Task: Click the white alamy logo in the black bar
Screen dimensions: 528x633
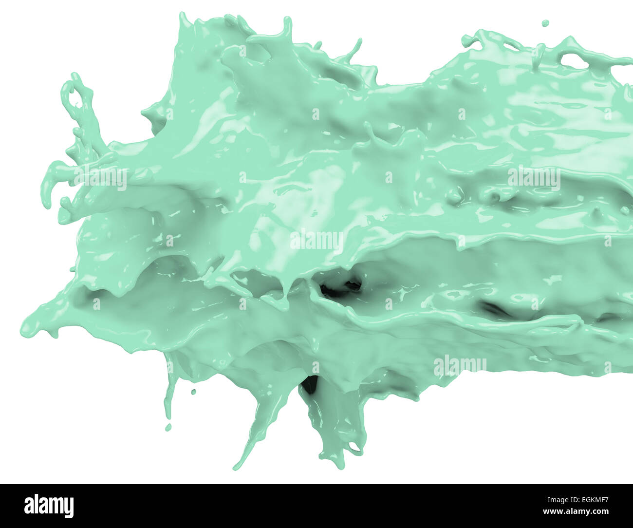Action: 49,506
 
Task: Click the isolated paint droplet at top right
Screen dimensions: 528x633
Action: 545,23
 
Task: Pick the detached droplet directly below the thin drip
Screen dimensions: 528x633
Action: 168,427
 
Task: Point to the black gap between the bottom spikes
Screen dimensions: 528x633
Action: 309,385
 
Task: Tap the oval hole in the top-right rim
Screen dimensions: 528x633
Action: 573,61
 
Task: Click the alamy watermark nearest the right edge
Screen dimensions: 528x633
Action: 534,178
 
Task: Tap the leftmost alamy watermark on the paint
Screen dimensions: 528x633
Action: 100,178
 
